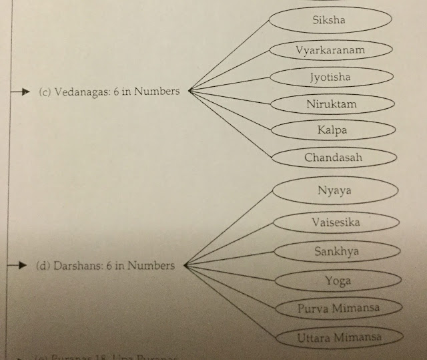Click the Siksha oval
pyautogui.click(x=330, y=21)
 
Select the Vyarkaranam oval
pyautogui.click(x=331, y=49)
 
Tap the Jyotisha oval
pyautogui.click(x=330, y=77)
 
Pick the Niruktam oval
pyautogui.click(x=331, y=104)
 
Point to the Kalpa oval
pyautogui.click(x=332, y=130)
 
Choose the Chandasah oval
pyautogui.click(x=332, y=158)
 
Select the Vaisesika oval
pyautogui.click(x=336, y=222)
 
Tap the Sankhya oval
pyautogui.click(x=336, y=252)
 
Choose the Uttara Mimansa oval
pyautogui.click(x=340, y=337)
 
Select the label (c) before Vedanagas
pyautogui.click(x=45, y=92)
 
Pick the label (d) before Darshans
pyautogui.click(x=41, y=266)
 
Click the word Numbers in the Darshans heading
pyautogui.click(x=151, y=265)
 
